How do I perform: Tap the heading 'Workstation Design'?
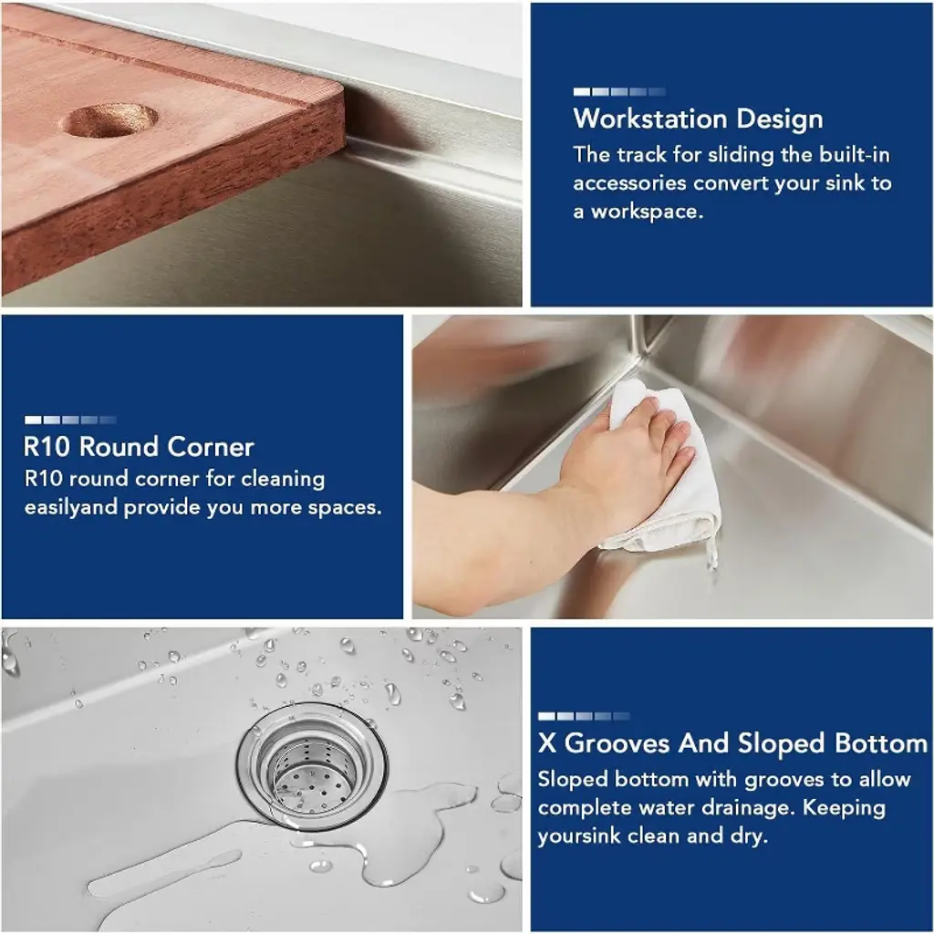pyautogui.click(x=698, y=119)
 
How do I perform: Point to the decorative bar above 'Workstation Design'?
pyautogui.click(x=619, y=92)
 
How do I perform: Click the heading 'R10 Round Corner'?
pyautogui.click(x=139, y=447)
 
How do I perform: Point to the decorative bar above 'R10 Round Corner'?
pyautogui.click(x=70, y=420)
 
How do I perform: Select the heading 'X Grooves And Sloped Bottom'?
pyautogui.click(x=732, y=743)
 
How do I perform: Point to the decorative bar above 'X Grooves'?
pyautogui.click(x=584, y=716)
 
